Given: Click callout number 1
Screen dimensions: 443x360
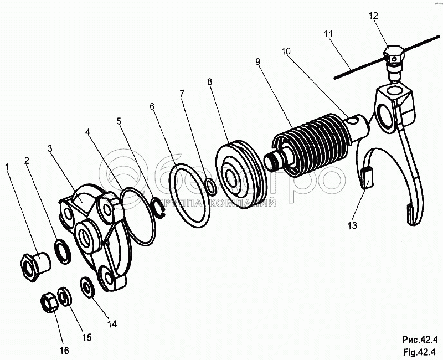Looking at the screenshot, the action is pos(7,168).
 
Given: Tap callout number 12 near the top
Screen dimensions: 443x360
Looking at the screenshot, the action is pos(373,16).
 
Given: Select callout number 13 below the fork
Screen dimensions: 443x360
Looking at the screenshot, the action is pos(352,225).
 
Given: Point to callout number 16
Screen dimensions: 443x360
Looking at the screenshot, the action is pos(64,351).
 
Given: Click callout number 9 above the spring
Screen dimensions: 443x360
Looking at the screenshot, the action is pos(258,61).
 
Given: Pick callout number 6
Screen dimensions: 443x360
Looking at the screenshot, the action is pos(152,106).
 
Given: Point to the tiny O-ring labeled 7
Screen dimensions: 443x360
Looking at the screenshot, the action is pos(211,187).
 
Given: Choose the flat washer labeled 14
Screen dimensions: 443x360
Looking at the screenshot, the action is pos(88,287).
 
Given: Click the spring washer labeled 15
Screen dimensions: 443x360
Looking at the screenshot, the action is pos(65,296).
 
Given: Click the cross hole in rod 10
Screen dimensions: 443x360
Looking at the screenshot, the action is pos(353,120).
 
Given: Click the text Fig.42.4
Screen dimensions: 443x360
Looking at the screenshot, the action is pos(420,352).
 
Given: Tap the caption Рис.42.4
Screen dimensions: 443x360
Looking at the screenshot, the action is pos(420,339).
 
